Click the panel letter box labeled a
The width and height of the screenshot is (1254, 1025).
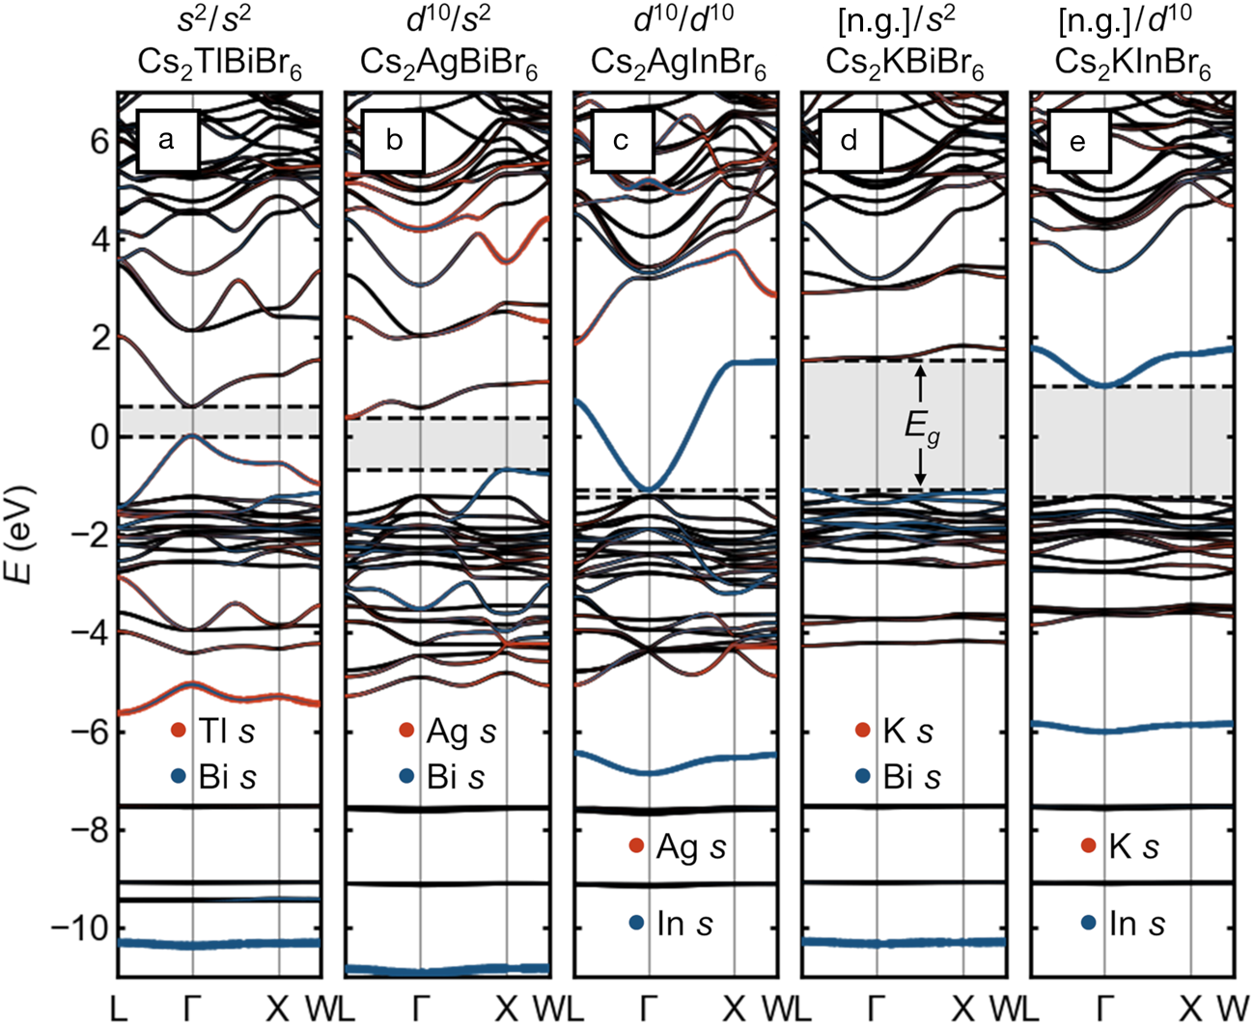tap(167, 141)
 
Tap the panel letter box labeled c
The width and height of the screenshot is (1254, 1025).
tap(622, 141)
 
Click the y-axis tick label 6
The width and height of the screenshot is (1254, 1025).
tap(98, 141)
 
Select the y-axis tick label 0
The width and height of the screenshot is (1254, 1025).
tap(98, 437)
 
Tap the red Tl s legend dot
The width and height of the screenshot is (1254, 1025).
tap(178, 731)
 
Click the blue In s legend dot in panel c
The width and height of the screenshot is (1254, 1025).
tap(636, 923)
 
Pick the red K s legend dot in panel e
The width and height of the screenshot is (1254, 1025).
tap(1089, 846)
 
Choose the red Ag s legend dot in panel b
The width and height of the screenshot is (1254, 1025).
tap(406, 731)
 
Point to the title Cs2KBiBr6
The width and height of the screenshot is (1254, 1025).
tap(905, 65)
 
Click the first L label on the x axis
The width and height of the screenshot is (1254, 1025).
tap(118, 1008)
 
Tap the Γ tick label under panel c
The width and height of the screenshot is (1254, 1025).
tap(649, 1008)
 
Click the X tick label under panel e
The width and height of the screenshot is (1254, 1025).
tap(1190, 1008)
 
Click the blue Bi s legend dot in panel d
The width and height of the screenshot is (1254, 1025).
tap(863, 776)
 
